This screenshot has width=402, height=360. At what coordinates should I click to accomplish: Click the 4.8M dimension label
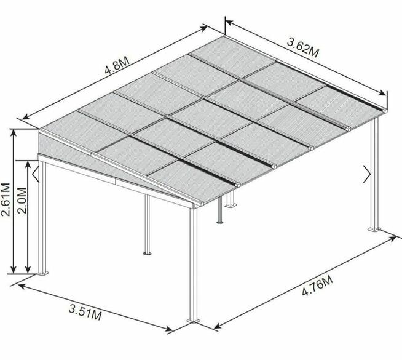[x=117, y=65]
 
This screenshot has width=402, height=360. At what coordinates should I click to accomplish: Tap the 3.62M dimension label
[x=303, y=47]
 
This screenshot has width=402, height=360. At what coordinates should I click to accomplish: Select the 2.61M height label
[x=6, y=199]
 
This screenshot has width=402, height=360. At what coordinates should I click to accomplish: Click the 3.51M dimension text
[x=85, y=313]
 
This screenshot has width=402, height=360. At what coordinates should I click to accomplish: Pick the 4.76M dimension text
[x=317, y=286]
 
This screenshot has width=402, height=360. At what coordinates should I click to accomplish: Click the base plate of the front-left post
[x=43, y=273]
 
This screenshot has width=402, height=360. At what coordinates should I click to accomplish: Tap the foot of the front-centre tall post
[x=193, y=321]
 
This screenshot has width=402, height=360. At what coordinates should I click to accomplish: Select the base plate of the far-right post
[x=374, y=229]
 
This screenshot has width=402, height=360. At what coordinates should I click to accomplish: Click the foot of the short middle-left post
[x=147, y=254]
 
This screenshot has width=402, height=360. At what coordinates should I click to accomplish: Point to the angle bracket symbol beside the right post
[x=367, y=174]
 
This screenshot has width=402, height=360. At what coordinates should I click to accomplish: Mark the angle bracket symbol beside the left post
[x=36, y=174]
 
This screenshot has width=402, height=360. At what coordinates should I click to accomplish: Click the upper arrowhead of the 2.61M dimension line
[x=14, y=133]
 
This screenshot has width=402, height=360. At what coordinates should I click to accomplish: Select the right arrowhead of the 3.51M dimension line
[x=168, y=329]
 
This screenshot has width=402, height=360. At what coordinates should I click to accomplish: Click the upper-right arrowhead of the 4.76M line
[x=393, y=239]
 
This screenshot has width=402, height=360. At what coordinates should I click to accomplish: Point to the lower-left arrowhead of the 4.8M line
[x=26, y=117]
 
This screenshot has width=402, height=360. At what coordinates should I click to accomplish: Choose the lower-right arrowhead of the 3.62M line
[x=382, y=93]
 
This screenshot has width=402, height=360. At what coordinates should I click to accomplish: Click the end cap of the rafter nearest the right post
[x=384, y=110]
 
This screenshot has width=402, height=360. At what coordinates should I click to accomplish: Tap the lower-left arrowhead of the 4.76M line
[x=218, y=326]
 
